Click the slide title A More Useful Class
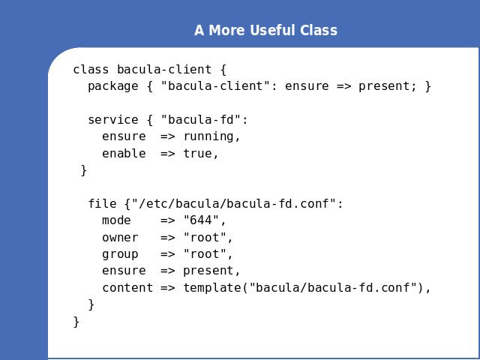coord(265,30)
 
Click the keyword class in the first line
coord(91,70)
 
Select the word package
coord(113,87)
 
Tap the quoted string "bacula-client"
coord(212,85)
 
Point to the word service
coord(113,120)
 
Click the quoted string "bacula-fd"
coord(201,119)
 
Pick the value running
coord(208,136)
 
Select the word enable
coord(124,153)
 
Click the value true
coord(197,153)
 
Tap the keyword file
coord(102,203)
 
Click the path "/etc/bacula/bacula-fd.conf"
coord(234,203)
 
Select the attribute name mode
coord(117,220)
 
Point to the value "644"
coord(201,220)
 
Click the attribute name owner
coord(120,238)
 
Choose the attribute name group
coord(120,255)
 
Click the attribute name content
coord(127,288)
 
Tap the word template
coord(212,288)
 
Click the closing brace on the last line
coord(76,322)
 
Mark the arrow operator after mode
coord(168,220)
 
